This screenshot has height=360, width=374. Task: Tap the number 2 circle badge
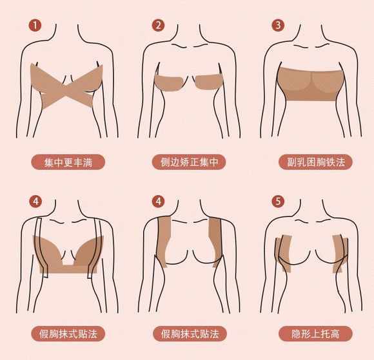point(158,26)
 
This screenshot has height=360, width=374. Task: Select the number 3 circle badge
point(278,26)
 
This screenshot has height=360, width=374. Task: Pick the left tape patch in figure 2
point(169,84)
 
